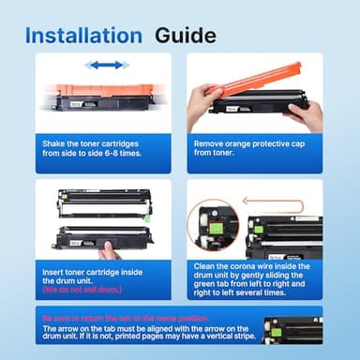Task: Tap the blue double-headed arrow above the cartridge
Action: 106,65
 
